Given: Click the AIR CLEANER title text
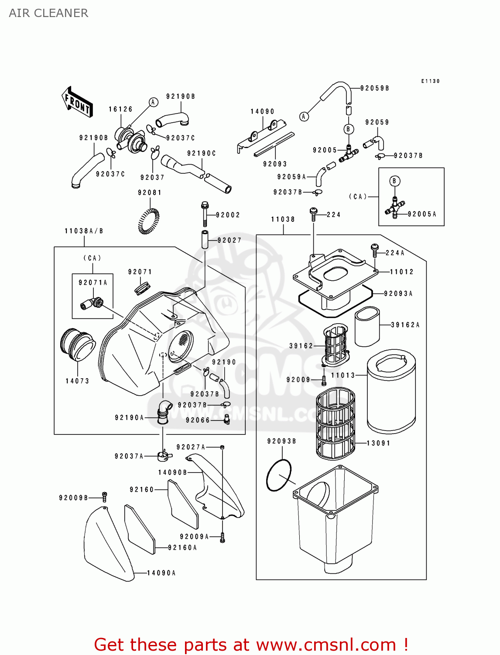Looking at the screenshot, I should point(48,13).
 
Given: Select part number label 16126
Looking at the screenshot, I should point(120,109).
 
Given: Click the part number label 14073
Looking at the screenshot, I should point(77,381).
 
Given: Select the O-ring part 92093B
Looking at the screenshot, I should point(278,475).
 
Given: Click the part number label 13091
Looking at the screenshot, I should point(378,443).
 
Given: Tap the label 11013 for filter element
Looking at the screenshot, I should point(343,375).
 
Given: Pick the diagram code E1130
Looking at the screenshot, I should point(430,81).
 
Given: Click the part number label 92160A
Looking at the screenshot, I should point(182,548).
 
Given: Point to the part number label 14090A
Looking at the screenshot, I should point(161,573).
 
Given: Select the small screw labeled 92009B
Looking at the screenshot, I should point(104,497).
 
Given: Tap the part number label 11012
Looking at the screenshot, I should point(401,272).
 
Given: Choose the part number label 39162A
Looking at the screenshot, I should point(405,325).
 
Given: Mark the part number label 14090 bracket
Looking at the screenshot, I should point(262,112).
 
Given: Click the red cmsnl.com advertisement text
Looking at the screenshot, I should point(251,645).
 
